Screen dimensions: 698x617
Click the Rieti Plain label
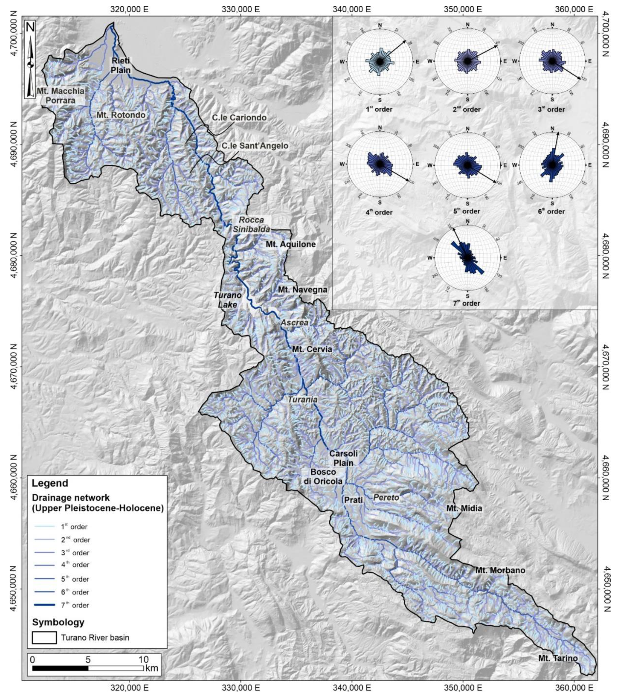coord(120,65)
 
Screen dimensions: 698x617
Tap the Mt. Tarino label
coord(557,658)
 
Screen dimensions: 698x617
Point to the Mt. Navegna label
coord(302,290)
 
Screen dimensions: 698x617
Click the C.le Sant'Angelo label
coord(255,146)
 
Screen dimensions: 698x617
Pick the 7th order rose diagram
coord(467,258)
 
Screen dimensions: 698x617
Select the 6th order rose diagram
coord(552,165)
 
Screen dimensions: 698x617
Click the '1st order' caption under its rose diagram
coord(379,110)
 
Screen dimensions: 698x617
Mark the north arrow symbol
coord(30,60)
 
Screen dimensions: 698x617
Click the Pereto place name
coord(386,498)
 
